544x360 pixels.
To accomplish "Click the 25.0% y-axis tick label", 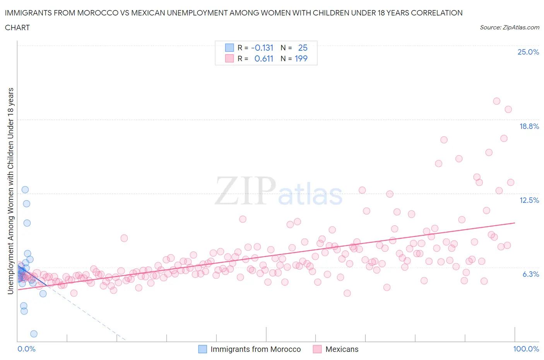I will (x=528, y=52).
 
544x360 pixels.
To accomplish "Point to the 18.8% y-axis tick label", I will (x=529, y=126).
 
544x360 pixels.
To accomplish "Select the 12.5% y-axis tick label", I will (x=529, y=200).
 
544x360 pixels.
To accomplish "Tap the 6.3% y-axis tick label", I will (x=530, y=274).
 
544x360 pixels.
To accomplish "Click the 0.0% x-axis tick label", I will (x=26, y=349).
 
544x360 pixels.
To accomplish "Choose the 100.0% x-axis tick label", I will (x=526, y=349).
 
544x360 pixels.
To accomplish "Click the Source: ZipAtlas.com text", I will (x=509, y=27).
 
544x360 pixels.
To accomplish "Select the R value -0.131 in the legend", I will (x=262, y=48).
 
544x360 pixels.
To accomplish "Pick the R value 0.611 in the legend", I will (x=263, y=58).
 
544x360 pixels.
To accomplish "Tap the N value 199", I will (x=301, y=58).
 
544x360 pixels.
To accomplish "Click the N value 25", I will (x=303, y=48).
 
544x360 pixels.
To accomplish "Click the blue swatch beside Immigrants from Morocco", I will (x=202, y=349).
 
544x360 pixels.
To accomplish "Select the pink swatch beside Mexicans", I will (x=317, y=349).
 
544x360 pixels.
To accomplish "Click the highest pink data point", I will (x=496, y=101).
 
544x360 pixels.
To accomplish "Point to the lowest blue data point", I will (x=34, y=334).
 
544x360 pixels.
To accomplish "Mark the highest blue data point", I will (x=25, y=190).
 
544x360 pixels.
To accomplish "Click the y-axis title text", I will (x=10, y=191).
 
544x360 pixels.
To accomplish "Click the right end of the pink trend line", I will (x=515, y=223).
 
